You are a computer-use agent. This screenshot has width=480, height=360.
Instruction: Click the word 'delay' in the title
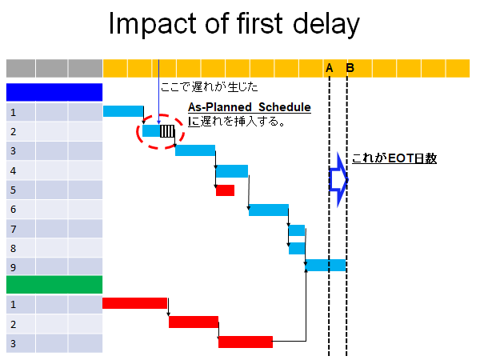click(326, 24)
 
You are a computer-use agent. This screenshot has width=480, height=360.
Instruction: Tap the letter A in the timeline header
click(329, 68)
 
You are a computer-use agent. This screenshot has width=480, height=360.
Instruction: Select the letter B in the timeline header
click(350, 68)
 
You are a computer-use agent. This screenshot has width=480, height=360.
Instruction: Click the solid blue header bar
click(54, 92)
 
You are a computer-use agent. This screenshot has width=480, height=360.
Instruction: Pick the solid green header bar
click(54, 285)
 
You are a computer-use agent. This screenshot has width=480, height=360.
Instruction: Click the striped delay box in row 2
click(167, 131)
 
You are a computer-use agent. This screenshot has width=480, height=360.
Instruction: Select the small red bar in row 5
click(225, 190)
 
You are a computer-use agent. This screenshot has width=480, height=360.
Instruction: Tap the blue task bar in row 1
click(123, 111)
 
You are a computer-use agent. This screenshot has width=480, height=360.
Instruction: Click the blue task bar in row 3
click(195, 150)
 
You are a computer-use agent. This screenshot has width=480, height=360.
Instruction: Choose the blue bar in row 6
click(269, 210)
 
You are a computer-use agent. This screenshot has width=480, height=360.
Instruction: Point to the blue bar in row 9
click(326, 265)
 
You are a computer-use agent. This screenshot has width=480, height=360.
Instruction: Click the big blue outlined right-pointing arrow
click(338, 180)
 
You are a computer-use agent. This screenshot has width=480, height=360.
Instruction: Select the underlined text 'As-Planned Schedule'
click(250, 107)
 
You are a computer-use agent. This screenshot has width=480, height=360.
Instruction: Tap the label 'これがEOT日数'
click(394, 158)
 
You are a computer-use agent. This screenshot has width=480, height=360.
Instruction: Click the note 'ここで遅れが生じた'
click(209, 87)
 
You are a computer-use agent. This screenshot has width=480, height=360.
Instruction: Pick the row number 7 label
click(13, 229)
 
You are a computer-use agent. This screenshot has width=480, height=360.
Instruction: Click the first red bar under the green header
click(134, 303)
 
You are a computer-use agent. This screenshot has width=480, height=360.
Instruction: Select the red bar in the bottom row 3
click(246, 342)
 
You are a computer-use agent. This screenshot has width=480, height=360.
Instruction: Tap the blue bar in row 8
click(297, 248)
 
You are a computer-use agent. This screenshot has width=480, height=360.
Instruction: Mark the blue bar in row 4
click(232, 171)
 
